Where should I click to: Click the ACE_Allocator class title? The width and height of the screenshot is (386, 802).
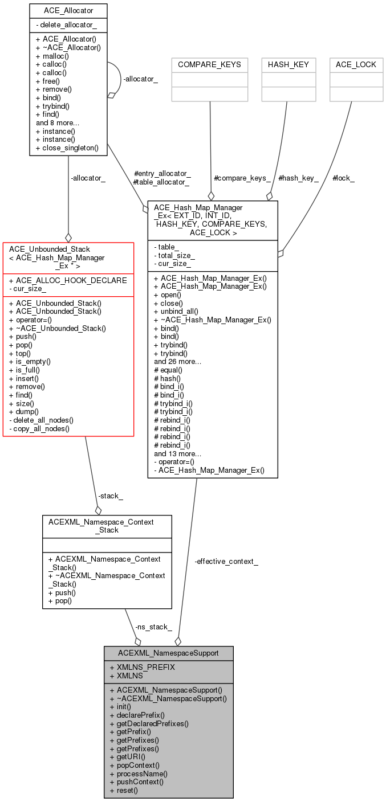click(x=68, y=11)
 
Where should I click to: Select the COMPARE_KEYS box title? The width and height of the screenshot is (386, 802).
click(x=209, y=65)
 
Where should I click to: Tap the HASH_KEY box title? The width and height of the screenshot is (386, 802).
click(x=288, y=65)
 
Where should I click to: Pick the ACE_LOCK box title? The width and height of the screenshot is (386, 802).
click(x=356, y=65)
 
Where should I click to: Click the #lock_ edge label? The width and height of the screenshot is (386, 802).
click(x=343, y=178)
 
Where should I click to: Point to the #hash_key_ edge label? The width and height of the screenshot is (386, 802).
click(x=298, y=178)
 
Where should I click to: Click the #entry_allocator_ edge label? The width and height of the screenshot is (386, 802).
click(x=162, y=174)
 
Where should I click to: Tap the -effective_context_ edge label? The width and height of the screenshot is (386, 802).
click(x=226, y=562)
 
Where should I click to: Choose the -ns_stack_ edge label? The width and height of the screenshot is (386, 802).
click(x=153, y=627)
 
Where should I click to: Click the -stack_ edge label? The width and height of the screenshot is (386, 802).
click(x=111, y=496)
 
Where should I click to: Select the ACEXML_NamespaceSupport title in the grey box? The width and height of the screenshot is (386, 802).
click(x=168, y=653)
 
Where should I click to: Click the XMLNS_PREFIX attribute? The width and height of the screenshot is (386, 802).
click(x=143, y=667)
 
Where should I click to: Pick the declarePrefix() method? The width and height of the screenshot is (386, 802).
click(x=137, y=715)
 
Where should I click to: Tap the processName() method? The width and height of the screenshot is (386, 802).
click(x=139, y=774)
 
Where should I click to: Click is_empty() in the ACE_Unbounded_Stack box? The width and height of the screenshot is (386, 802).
click(x=30, y=362)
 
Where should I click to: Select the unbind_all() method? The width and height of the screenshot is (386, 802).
click(x=176, y=312)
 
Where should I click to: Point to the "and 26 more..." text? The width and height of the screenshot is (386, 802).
click(x=178, y=362)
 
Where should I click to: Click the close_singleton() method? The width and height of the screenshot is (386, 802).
click(x=67, y=148)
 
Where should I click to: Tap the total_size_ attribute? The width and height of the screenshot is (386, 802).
click(x=174, y=255)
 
